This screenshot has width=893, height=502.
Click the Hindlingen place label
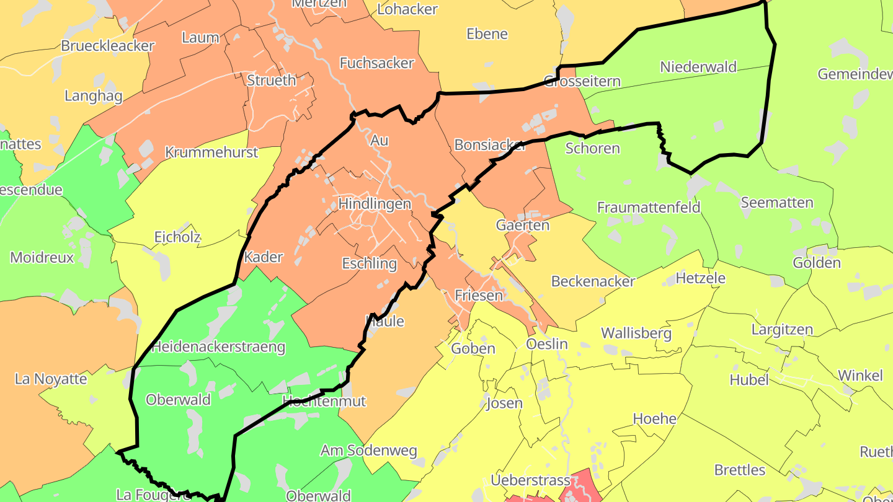[375, 204]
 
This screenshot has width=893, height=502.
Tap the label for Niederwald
[698, 67]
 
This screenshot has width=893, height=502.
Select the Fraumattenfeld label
[649, 208]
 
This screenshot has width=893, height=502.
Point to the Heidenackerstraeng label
[218, 347]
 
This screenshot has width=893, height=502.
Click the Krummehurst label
[211, 152]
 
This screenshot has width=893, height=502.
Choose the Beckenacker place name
[593, 282]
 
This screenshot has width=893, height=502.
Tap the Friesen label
[479, 296]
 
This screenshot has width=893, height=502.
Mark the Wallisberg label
[636, 333]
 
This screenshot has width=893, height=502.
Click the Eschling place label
[370, 264]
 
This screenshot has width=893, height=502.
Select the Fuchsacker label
[376, 63]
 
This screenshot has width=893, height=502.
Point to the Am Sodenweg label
[368, 451]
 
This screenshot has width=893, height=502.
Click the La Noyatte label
[51, 379]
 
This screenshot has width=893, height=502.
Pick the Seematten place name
[776, 203]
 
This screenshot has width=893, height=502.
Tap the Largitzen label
[783, 330]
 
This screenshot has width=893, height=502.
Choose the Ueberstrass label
[530, 480]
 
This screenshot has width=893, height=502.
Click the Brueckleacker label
[107, 46]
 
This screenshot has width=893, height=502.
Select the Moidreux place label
[42, 258]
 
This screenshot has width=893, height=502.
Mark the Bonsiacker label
[490, 145]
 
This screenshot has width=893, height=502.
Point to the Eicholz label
[177, 237]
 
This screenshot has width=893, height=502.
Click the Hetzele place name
[700, 278]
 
